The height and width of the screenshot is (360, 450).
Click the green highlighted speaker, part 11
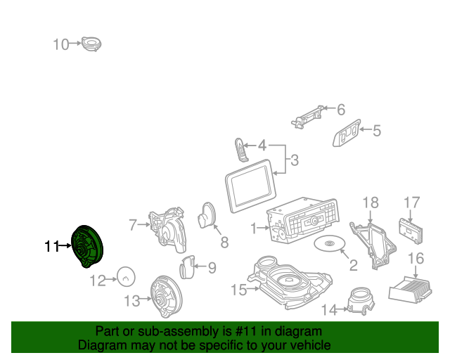(89, 245)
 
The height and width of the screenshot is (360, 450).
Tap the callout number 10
(60, 44)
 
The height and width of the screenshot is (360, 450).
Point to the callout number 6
(341, 110)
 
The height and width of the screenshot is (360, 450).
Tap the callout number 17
(411, 203)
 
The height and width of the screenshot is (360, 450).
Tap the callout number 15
(238, 289)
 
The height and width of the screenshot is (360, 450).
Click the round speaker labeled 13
(167, 297)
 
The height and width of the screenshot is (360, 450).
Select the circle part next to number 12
(125, 278)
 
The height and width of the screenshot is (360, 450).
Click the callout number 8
(225, 243)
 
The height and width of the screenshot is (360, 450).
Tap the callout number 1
(254, 228)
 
